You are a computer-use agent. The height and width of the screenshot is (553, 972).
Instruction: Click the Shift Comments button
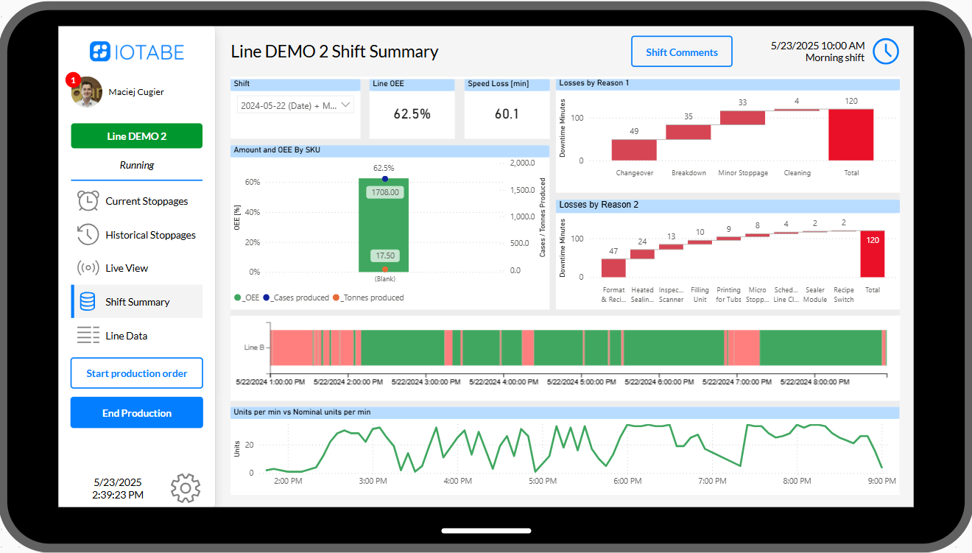(681, 52)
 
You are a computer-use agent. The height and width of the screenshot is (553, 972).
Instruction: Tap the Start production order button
(136, 373)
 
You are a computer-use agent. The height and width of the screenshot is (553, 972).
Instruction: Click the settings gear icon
(185, 488)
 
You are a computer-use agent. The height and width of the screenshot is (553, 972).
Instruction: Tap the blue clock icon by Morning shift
(886, 51)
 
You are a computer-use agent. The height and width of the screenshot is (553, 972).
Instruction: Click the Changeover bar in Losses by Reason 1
(633, 149)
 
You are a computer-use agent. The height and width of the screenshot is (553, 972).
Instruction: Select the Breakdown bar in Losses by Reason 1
(688, 132)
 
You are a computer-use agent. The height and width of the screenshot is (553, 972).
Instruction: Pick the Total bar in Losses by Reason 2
(873, 254)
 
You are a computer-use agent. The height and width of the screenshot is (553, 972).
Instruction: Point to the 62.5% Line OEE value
(412, 114)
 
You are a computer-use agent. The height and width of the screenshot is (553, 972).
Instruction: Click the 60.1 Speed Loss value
(507, 114)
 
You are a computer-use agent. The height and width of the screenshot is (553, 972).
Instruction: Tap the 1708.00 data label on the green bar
(384, 192)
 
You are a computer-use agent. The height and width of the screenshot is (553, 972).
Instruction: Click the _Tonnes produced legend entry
(373, 297)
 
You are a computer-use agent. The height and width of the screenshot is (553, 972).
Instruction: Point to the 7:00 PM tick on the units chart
(712, 481)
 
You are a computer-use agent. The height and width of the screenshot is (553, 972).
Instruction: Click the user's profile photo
(86, 92)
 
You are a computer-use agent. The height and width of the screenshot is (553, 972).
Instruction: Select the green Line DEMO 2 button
(136, 136)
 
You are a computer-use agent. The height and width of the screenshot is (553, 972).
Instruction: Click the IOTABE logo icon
(100, 52)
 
